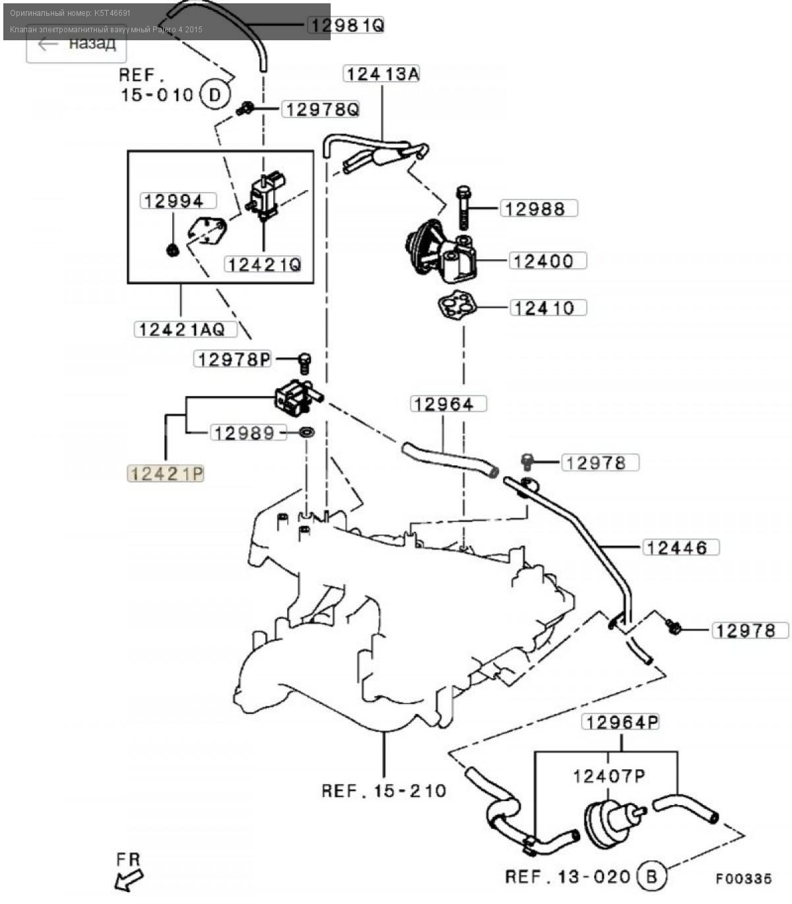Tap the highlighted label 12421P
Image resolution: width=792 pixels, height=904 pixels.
pyautogui.click(x=166, y=473)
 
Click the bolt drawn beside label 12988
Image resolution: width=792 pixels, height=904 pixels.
pyautogui.click(x=463, y=207)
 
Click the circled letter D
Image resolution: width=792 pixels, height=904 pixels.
pyautogui.click(x=214, y=95)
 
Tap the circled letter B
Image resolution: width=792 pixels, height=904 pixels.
pyautogui.click(x=651, y=876)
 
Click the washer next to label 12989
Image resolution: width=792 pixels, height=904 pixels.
pyautogui.click(x=306, y=432)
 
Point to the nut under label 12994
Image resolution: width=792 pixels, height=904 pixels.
pyautogui.click(x=172, y=249)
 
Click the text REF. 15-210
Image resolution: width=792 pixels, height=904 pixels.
pyautogui.click(x=384, y=790)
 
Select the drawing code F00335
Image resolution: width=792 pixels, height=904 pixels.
pyautogui.click(x=743, y=878)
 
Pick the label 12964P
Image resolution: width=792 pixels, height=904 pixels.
pyautogui.click(x=620, y=722)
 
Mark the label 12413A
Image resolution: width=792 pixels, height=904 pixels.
pyautogui.click(x=382, y=73)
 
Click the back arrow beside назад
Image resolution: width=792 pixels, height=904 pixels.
pyautogui.click(x=48, y=44)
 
